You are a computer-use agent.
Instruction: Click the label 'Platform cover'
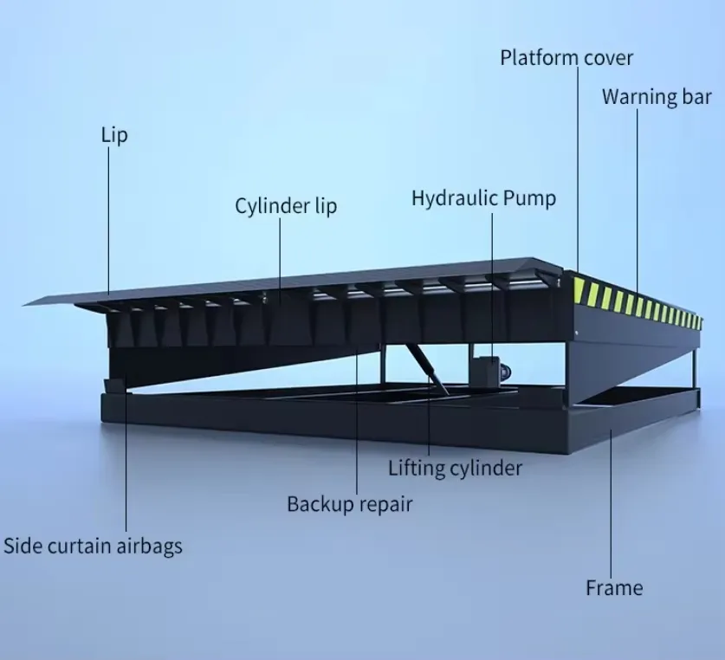(566, 59)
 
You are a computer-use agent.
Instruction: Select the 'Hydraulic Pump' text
(483, 198)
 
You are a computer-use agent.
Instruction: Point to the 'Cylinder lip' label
(286, 206)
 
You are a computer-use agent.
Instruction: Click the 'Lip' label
(114, 135)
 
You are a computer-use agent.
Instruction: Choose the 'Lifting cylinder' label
(455, 469)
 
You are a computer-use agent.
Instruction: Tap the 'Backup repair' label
(349, 503)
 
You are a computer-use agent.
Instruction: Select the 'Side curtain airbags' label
(93, 547)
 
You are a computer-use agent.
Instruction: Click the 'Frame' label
(614, 588)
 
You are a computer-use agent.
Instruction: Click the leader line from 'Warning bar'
(638, 199)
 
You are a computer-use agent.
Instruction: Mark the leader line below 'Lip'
(109, 217)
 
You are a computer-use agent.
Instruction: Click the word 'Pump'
(528, 198)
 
